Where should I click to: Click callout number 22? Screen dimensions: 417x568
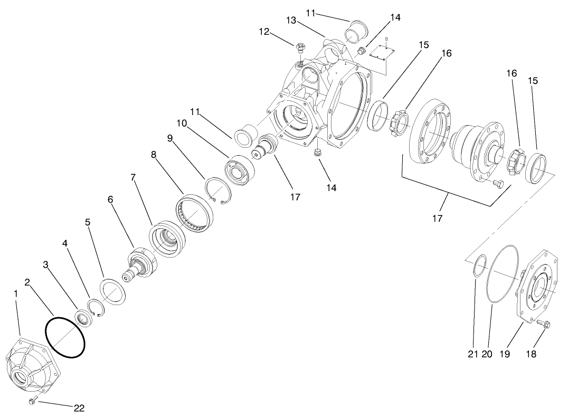tap(79, 407)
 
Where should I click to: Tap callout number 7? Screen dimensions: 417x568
tap(134, 177)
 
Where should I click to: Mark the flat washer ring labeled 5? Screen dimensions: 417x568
tap(112, 291)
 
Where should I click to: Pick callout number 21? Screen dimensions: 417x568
tap(472, 354)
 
